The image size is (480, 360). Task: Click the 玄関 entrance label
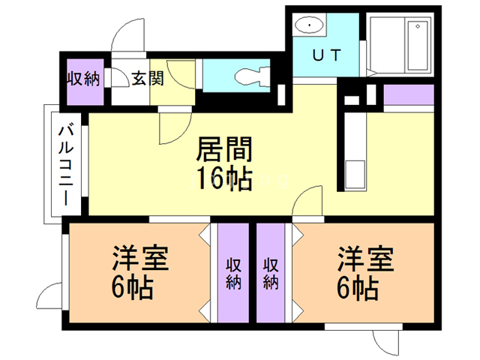coord(147,78)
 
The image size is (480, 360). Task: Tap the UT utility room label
coord(326,55)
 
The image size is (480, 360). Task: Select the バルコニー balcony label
coord(65,166)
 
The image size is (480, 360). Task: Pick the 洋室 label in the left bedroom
coord(140,258)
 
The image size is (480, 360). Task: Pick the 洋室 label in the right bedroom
coord(364,258)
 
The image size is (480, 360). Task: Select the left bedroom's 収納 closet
coord(233,273)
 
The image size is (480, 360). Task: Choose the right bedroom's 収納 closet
coord(271,273)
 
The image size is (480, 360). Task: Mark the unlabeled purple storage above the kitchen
coord(408,95)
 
